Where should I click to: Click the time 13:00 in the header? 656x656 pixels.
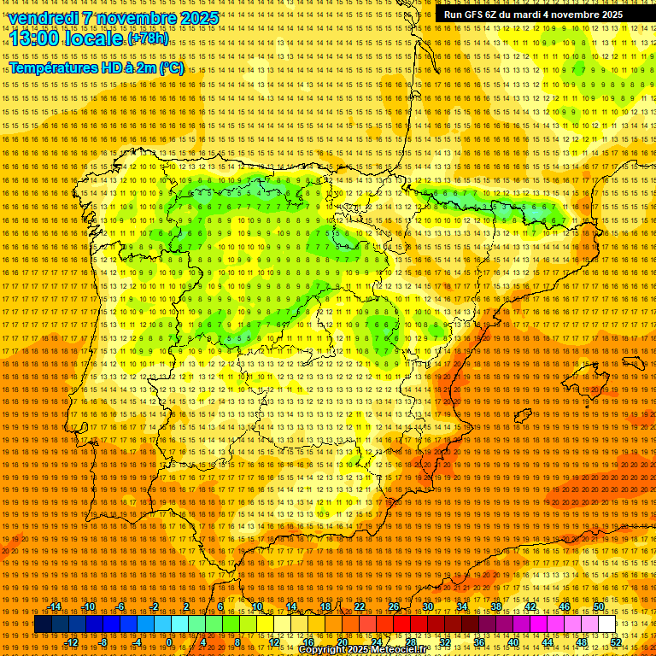pyautogui.click(x=33, y=38)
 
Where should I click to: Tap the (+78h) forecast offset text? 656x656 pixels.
pyautogui.click(x=148, y=39)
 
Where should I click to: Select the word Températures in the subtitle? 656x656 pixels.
pyautogui.click(x=51, y=68)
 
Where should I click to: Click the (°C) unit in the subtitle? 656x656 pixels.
pyautogui.click(x=171, y=68)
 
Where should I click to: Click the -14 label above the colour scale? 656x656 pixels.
pyautogui.click(x=56, y=606)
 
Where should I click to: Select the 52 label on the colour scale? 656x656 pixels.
pyautogui.click(x=616, y=642)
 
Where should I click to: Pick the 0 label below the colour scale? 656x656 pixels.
pyautogui.click(x=169, y=642)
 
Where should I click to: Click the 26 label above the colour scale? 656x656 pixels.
pyautogui.click(x=394, y=606)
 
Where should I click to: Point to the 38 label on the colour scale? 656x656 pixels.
pyautogui.click(x=496, y=606)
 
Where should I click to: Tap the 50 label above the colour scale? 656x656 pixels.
pyautogui.click(x=599, y=606)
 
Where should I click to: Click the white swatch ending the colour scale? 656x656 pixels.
pyautogui.click(x=607, y=624)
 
